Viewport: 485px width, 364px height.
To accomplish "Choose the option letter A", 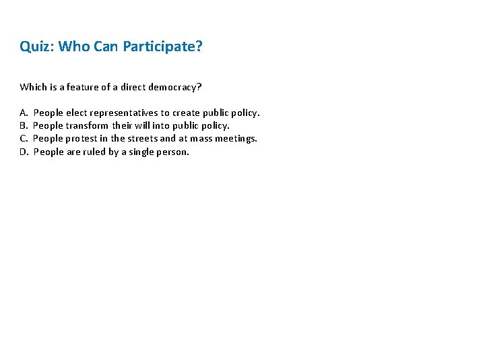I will pos(24,113).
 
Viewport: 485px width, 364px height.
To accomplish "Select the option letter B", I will pos(24,125).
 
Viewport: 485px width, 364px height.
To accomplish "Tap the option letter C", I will pos(24,138).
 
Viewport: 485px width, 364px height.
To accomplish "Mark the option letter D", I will pos(24,152).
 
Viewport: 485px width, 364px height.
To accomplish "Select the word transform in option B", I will pos(86,125).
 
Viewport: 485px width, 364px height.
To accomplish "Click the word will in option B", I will pos(141,125).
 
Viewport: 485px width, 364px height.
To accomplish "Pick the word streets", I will pos(143,138).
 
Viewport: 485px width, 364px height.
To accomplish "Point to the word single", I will pos(139,152).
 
